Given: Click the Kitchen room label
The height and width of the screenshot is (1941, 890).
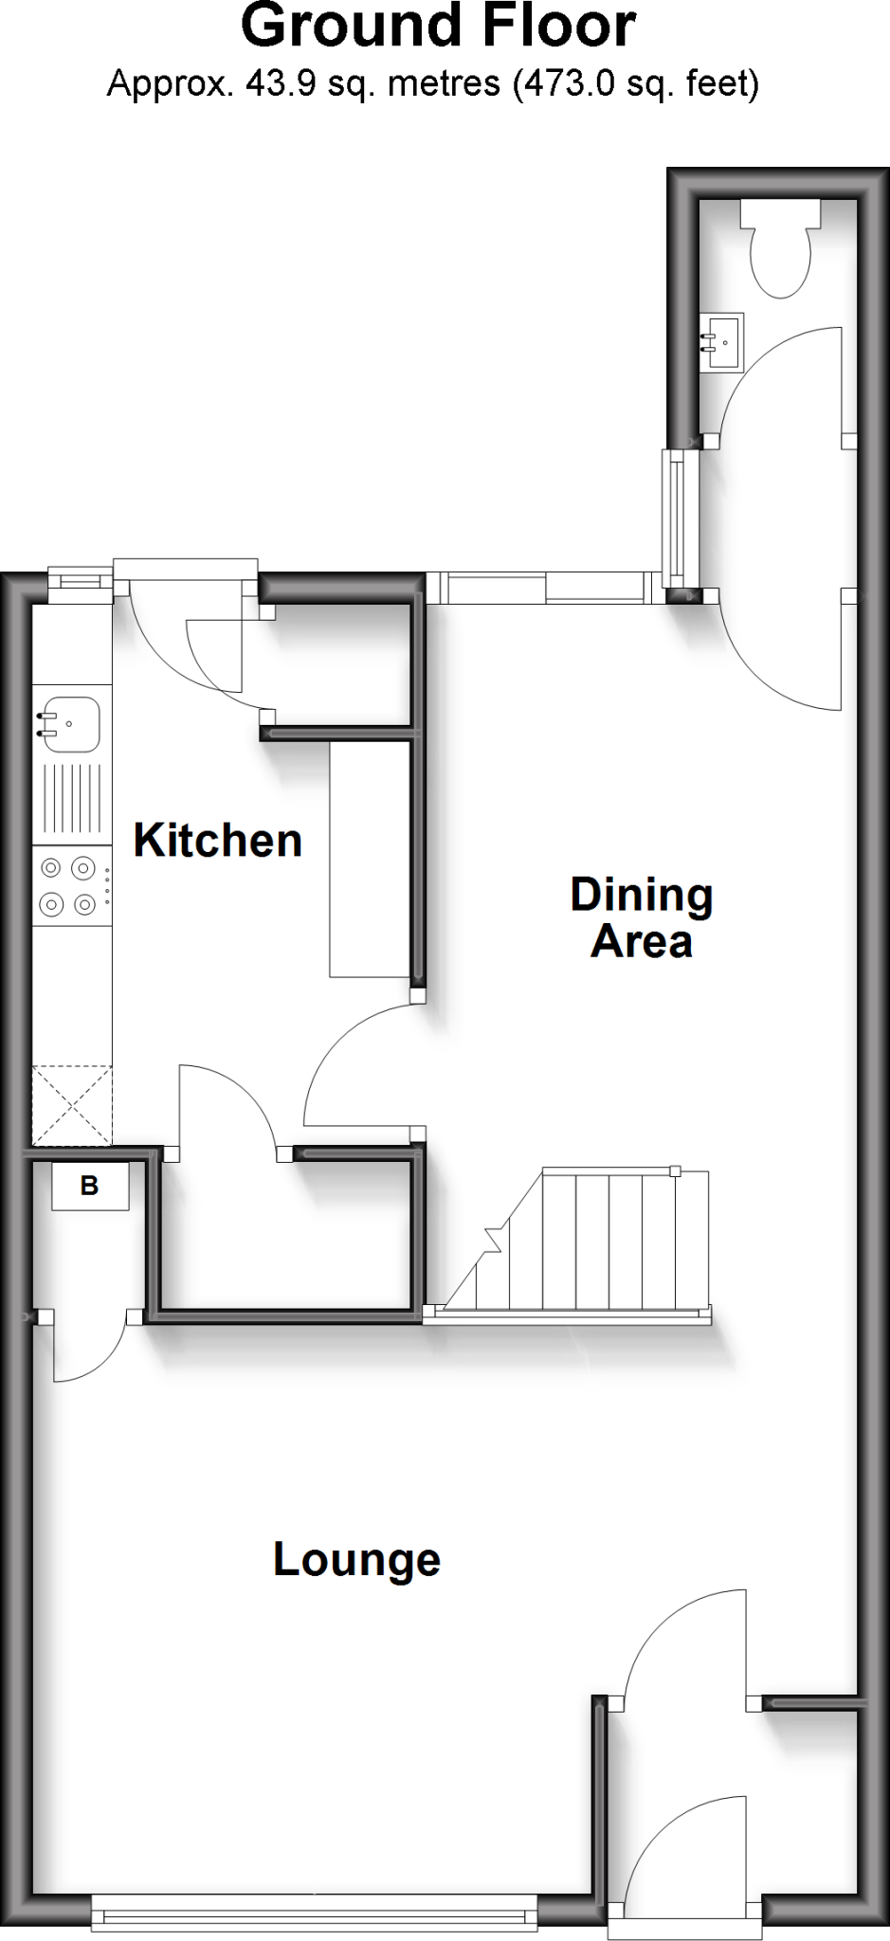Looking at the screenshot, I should (x=217, y=841).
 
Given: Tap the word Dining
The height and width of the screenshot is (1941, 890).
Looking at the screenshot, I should (x=641, y=896).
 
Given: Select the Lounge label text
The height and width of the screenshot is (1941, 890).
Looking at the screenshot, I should (x=356, y=1559).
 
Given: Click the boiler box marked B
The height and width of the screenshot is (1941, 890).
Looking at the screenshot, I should (x=90, y=1186).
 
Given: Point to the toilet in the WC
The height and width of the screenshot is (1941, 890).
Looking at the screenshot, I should (x=779, y=251).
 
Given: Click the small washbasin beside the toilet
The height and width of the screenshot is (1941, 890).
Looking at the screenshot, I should (x=722, y=341).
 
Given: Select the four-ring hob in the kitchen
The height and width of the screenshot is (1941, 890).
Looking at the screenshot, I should (x=69, y=886).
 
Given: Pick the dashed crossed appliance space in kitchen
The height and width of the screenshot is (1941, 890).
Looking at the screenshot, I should (x=72, y=1105).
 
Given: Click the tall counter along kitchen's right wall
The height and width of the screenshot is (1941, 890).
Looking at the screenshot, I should (x=370, y=858).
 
